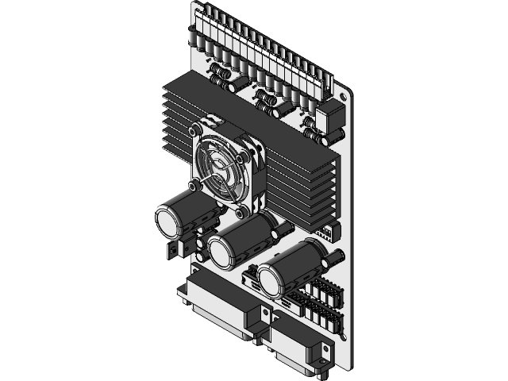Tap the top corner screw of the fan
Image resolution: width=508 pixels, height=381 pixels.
pyautogui.click(x=194, y=129)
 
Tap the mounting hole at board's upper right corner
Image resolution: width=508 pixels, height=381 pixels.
pyautogui.click(x=343, y=98)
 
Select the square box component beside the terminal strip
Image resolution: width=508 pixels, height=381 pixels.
pyautogui.click(x=329, y=117)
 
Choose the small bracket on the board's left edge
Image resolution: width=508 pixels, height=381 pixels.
pyautogui.click(x=173, y=249)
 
